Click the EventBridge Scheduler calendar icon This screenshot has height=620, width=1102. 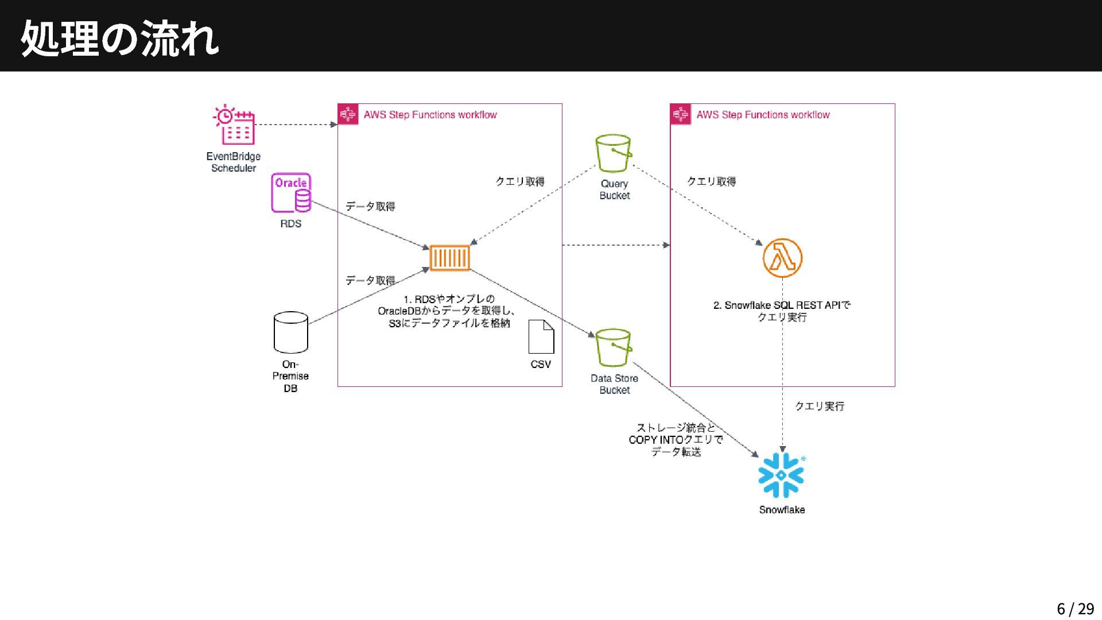coord(234,125)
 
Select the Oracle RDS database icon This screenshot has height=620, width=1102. coord(291,193)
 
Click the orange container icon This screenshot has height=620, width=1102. coord(449,258)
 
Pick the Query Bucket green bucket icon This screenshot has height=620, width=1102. coord(614,153)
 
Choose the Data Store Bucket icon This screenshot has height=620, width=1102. coord(614,347)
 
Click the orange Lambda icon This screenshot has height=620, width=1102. coord(782,258)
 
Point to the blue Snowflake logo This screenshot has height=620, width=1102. coord(781,475)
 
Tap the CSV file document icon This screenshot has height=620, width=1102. coord(541,337)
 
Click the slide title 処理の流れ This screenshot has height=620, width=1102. coord(120,38)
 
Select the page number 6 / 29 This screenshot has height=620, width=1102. coord(1075,609)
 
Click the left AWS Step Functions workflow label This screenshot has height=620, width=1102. coord(430,115)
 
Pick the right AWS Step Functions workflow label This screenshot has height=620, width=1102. coord(763,115)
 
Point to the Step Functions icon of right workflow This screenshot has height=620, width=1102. coord(681,115)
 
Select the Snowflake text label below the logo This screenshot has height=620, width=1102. coord(782,510)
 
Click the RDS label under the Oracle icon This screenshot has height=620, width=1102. coord(290,224)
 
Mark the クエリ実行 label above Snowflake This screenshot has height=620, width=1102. coord(819,406)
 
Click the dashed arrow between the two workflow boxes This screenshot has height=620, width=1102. coord(615,245)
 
